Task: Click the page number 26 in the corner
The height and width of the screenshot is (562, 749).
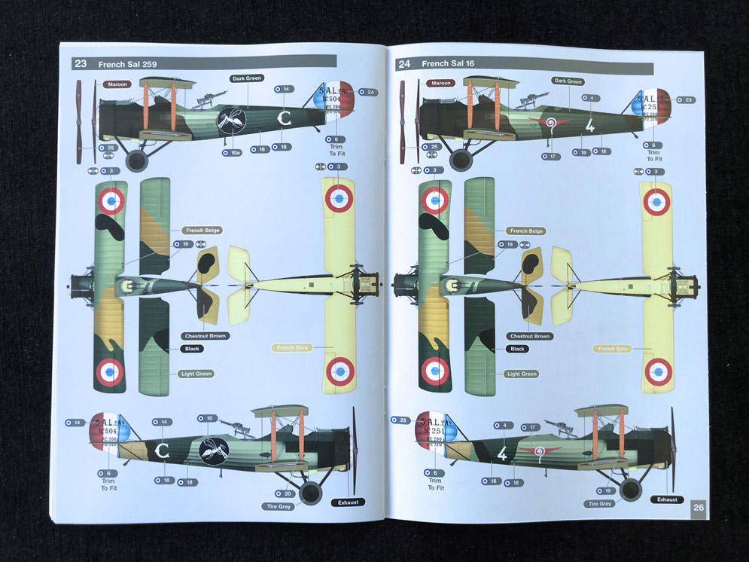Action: click(x=698, y=507)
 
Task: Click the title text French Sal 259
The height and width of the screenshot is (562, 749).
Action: click(x=127, y=64)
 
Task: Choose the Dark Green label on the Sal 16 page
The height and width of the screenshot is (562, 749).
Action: click(x=568, y=81)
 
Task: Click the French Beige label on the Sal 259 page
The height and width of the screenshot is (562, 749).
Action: click(x=201, y=230)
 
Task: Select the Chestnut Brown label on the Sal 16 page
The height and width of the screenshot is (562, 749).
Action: click(x=530, y=336)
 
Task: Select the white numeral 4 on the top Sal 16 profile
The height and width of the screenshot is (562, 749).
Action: click(x=589, y=126)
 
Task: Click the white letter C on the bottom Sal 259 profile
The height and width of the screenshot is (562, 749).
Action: click(x=161, y=451)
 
